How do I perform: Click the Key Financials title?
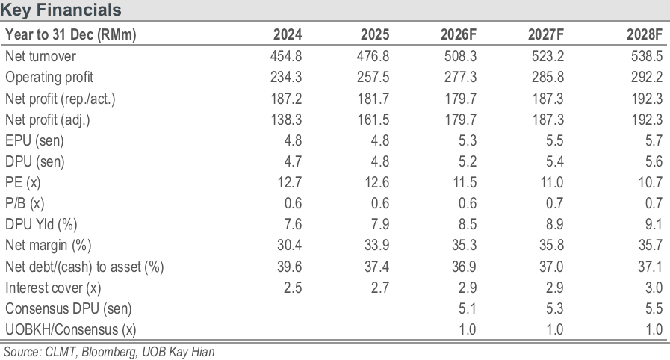(61, 10)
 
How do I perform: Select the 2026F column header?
(459, 34)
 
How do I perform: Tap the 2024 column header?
(288, 34)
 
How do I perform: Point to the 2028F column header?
(645, 34)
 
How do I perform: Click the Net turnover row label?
(40, 56)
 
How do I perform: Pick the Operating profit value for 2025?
(373, 77)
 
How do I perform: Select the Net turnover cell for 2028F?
(647, 56)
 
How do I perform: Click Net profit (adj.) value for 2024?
(286, 120)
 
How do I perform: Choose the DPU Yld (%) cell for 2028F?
(654, 224)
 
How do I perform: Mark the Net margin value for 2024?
(289, 245)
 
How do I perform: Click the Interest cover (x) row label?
(53, 288)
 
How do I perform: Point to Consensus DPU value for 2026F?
(467, 308)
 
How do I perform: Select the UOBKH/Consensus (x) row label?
(70, 329)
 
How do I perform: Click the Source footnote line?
(109, 352)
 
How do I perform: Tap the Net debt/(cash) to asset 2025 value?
(376, 267)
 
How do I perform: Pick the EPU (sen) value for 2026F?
(467, 140)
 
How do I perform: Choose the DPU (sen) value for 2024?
(293, 161)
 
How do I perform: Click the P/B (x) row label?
(25, 203)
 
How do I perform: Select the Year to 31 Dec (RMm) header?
(70, 34)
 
